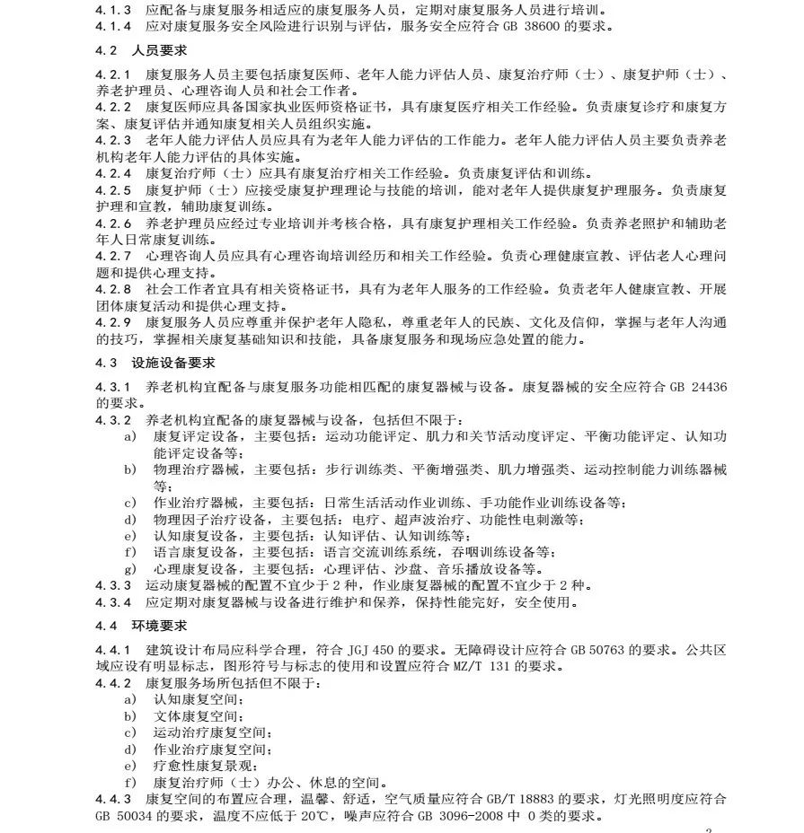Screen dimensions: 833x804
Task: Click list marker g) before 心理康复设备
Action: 130,568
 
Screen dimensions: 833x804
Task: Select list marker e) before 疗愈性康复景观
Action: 130,766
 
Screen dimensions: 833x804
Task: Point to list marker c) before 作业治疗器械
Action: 130,502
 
